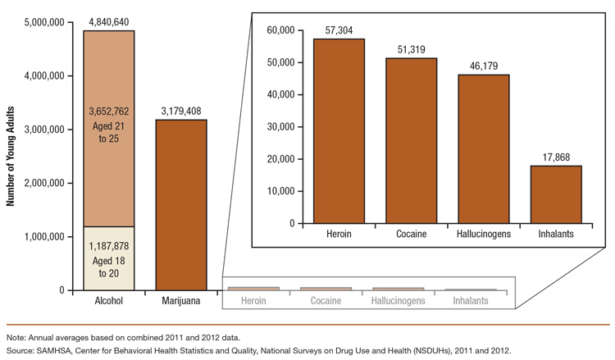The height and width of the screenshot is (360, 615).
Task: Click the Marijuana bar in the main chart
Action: point(181,205)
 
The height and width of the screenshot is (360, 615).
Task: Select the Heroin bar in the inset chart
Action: point(339,131)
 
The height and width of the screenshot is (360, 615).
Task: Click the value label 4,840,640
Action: point(109,23)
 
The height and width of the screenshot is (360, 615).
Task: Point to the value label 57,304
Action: point(339,30)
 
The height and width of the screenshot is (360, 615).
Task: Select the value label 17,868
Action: point(555,157)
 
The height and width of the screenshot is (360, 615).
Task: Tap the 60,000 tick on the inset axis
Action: point(278,30)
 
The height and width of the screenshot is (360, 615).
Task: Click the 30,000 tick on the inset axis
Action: point(278,126)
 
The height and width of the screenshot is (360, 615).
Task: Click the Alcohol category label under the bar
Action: point(109,301)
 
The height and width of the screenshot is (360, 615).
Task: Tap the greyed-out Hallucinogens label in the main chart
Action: point(398,301)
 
